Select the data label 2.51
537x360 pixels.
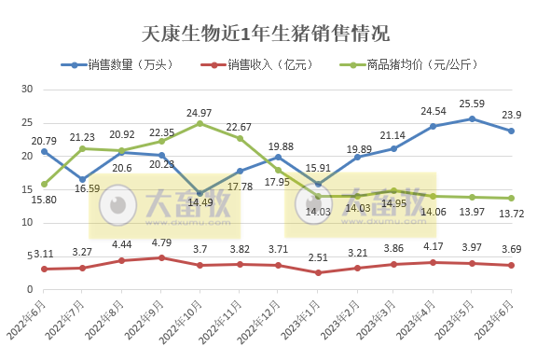(x=318, y=258)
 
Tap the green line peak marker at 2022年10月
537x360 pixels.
(x=200, y=123)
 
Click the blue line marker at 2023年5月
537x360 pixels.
(x=473, y=118)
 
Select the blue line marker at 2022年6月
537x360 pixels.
(x=44, y=151)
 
